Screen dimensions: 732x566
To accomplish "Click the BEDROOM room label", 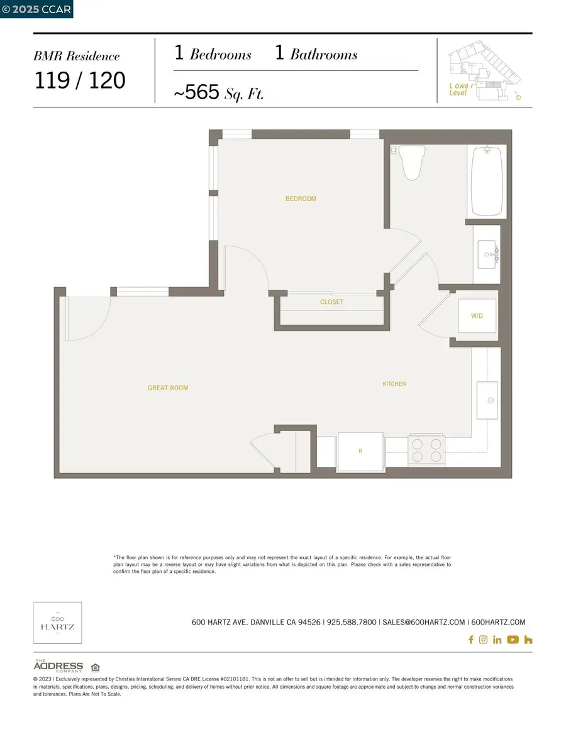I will tap(301, 199).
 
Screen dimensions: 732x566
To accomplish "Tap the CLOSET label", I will tap(331, 302).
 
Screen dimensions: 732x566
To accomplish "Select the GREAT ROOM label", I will tap(168, 388).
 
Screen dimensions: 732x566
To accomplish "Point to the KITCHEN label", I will tap(394, 383).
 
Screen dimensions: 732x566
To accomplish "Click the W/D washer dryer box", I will tap(477, 316).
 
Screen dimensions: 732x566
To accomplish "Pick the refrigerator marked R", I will tap(360, 451).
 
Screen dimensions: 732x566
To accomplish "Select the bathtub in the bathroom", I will tap(487, 181).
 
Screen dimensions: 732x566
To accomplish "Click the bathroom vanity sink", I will tap(487, 255).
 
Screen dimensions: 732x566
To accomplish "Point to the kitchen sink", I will tap(487, 400).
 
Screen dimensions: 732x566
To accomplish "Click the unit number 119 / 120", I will tap(79, 80).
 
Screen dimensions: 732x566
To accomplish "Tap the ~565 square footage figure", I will tap(196, 93).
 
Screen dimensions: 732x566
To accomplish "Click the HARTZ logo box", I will tap(57, 623).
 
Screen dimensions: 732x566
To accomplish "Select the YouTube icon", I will tap(513, 640).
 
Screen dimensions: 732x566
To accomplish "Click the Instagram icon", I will tap(483, 640).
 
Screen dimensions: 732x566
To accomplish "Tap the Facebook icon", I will tap(470, 640).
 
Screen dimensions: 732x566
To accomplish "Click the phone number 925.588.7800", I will tap(352, 622).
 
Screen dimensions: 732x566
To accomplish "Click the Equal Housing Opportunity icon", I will tap(95, 667).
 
